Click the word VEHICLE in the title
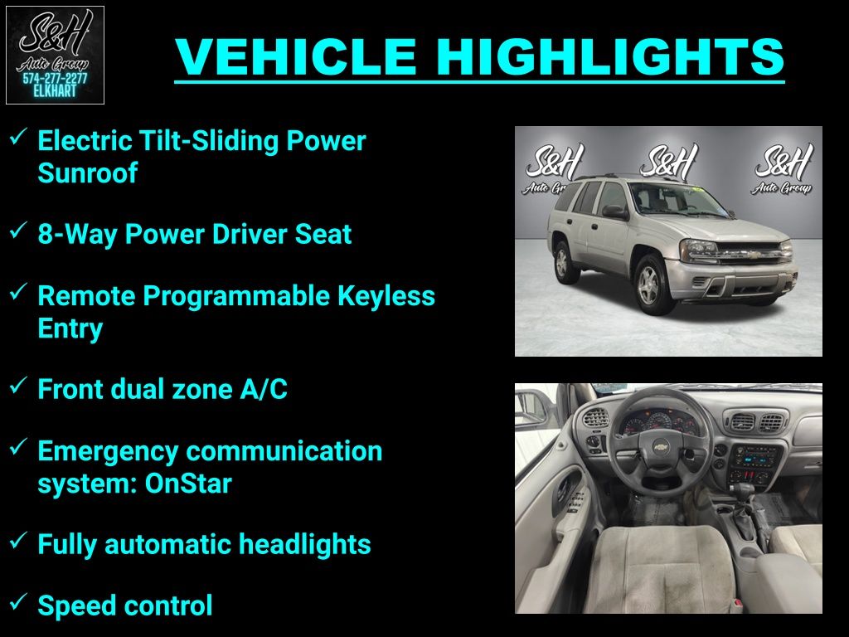point(296,56)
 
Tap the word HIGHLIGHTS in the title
point(610,56)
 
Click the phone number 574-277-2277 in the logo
point(55,79)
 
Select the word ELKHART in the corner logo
point(55,91)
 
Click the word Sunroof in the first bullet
point(87,173)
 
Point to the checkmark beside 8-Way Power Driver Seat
point(18,230)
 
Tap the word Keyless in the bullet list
point(386,296)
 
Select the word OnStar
point(188,484)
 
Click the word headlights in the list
point(305,544)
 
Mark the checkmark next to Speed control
point(18,601)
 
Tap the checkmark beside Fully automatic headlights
point(18,539)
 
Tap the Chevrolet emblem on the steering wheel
point(661,447)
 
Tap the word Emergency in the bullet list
point(109,452)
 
